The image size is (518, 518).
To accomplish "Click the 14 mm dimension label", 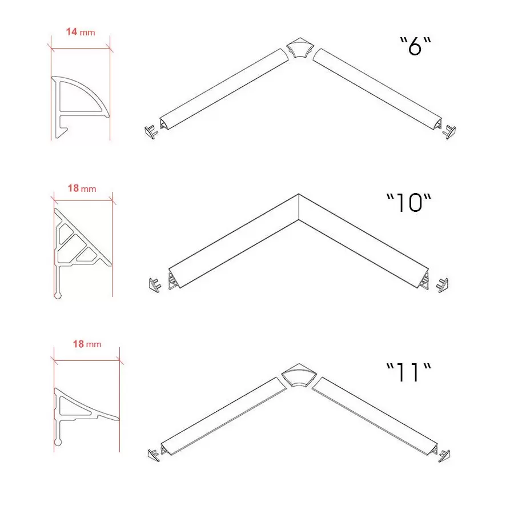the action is (x=81, y=32).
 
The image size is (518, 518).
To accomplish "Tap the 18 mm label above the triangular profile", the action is (x=82, y=188).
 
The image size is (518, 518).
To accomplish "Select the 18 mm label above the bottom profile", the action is (x=87, y=344).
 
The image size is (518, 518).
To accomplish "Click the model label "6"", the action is (x=416, y=46).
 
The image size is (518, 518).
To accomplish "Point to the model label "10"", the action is (x=409, y=203).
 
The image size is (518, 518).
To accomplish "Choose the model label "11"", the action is (x=409, y=372).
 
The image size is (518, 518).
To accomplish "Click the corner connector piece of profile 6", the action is (x=300, y=48).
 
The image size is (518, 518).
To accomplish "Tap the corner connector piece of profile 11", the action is (x=299, y=375).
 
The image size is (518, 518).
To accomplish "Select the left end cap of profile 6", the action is (x=151, y=132).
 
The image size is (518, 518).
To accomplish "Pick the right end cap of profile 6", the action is (x=449, y=132).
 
